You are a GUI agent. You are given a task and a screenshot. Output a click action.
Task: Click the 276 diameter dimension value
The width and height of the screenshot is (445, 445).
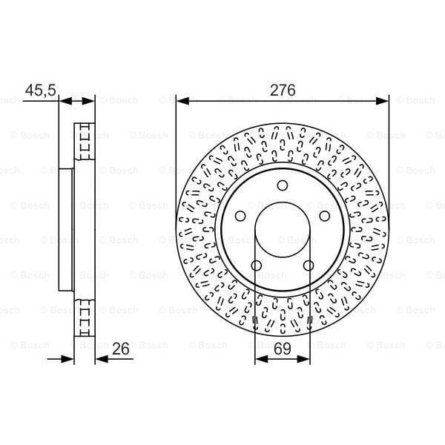pyautogui.click(x=283, y=90)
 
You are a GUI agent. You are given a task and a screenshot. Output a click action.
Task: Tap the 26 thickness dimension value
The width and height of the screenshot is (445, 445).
pyautogui.click(x=123, y=346)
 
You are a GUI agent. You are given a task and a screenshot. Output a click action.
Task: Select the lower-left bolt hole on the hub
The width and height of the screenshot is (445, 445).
pyautogui.click(x=257, y=266)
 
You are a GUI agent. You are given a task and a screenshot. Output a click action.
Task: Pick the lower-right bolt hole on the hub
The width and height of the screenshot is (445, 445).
pyautogui.click(x=308, y=266)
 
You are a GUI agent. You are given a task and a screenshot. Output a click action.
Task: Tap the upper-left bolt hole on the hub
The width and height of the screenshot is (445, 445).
pyautogui.click(x=240, y=216)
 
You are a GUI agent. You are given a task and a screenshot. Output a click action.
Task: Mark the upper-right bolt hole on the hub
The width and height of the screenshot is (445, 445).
pyautogui.click(x=324, y=216)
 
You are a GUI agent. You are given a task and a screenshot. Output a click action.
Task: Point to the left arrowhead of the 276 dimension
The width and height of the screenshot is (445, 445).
pyautogui.click(x=180, y=101)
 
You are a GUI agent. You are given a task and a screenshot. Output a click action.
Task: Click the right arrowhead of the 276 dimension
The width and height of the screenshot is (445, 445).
pyautogui.click(x=384, y=101)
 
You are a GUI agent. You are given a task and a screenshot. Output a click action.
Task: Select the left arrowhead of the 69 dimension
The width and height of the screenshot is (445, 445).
pyautogui.click(x=260, y=359)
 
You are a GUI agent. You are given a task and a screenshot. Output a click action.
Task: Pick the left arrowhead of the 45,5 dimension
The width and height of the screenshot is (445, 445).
pyautogui.click(x=62, y=101)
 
